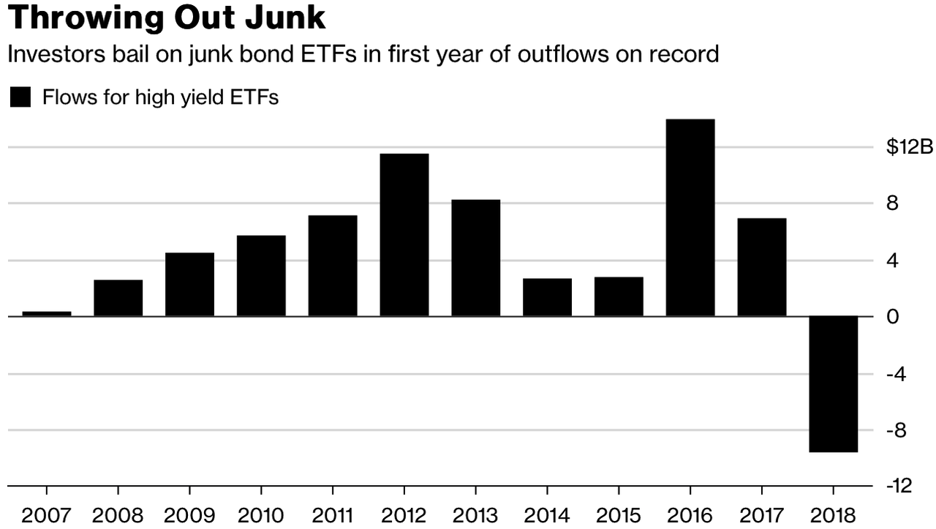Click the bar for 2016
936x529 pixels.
pos(690,217)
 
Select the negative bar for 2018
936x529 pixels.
pos(833,384)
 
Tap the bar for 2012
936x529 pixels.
pos(404,235)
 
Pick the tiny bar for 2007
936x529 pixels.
pos(47,314)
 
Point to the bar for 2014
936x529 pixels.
pos(547,297)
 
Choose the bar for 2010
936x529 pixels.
pos(261,276)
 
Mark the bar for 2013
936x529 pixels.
pos(475,258)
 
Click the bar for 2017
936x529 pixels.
pos(762,267)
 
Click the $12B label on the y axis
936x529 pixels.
pos(910,147)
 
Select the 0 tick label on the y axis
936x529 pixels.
pos(892,317)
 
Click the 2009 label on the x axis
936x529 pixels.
pos(189,515)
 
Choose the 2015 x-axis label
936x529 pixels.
pos(619,515)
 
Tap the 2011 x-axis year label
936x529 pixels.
pos(333,515)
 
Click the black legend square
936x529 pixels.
pos(20,97)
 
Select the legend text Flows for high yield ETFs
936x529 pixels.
pos(161,97)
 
